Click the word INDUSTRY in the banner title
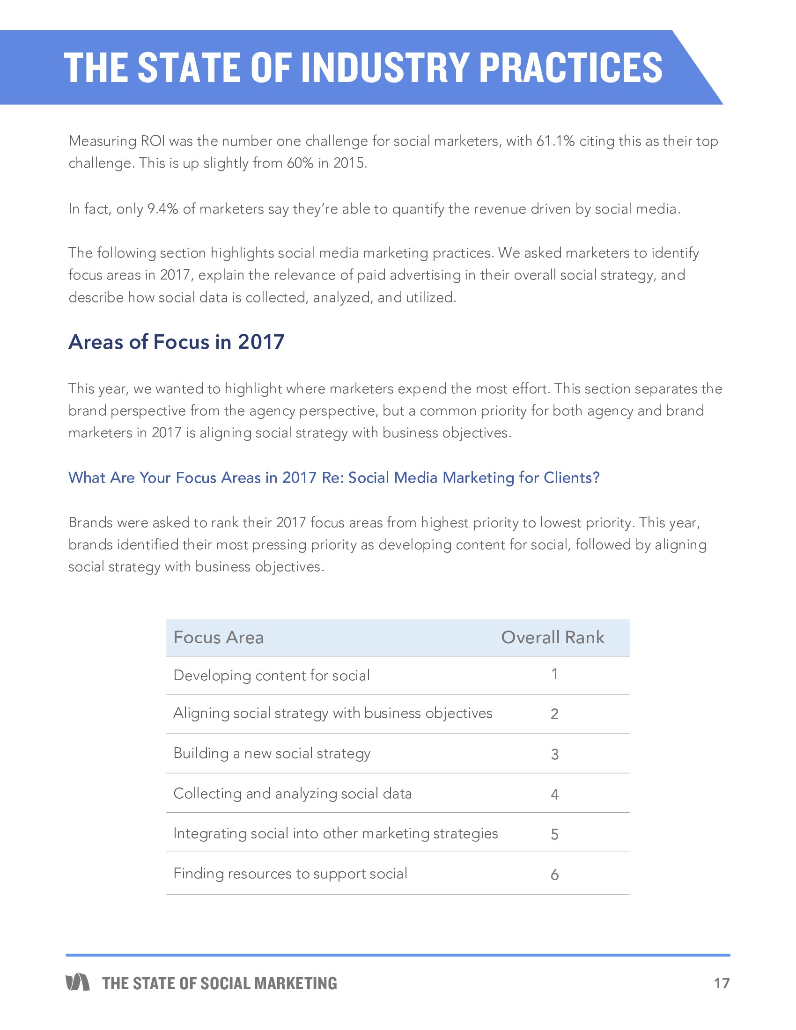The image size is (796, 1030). pos(384,67)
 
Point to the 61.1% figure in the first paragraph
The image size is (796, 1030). pos(555,141)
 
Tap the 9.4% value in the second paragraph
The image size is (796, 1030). pos(162,209)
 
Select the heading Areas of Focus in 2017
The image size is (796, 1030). pos(177,342)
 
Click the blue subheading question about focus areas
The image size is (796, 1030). pos(334,478)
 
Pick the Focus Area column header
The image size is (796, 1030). pos(219,638)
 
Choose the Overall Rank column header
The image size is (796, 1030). pos(552,638)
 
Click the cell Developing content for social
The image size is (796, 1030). pos(272,675)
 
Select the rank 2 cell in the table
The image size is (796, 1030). pos(554,714)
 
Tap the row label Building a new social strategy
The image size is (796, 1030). pos(272,753)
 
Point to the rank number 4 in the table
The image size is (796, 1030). pos(554,795)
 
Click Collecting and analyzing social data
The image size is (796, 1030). pos(292,793)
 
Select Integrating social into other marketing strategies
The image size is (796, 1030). pos(335,833)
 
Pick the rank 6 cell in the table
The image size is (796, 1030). pos(554,875)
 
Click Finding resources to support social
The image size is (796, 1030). pos(290,874)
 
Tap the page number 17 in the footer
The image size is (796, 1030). pos(722,983)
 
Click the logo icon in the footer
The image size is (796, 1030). pos(78,982)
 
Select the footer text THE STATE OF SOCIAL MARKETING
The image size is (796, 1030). pos(220,983)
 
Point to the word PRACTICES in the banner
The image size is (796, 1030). pos(570,67)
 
